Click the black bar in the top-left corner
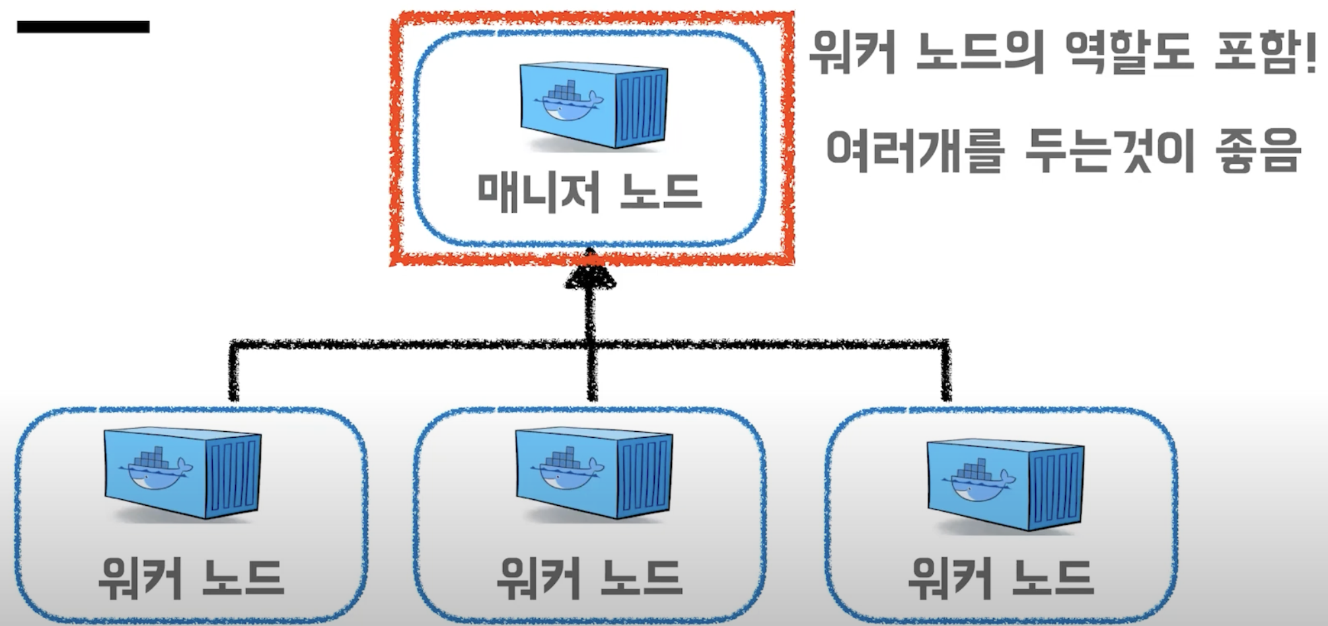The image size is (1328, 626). [83, 27]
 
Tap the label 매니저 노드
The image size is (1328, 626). [589, 192]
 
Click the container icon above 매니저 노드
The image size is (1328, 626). [593, 106]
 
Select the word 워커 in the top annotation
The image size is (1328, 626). [852, 53]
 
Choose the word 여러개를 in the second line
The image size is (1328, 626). [914, 151]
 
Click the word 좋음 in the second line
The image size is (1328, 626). [1258, 151]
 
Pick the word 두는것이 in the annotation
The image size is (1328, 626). [1109, 151]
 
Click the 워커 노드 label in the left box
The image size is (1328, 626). [191, 578]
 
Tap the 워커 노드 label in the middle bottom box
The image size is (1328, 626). [589, 578]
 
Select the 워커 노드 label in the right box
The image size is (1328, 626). [1001, 578]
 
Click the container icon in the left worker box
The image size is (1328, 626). [183, 473]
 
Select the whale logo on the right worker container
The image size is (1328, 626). [978, 481]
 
